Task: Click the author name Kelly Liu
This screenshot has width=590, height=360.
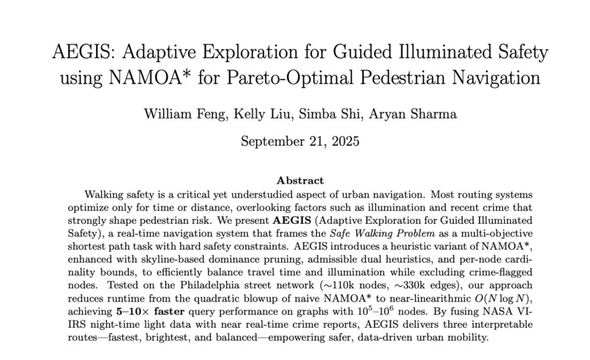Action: click(x=255, y=114)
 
